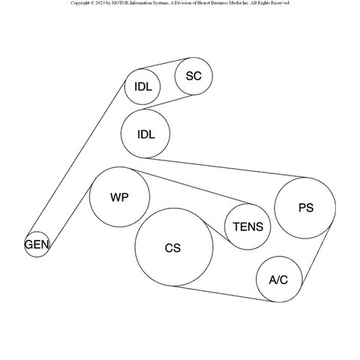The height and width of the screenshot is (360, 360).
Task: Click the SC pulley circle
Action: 193,58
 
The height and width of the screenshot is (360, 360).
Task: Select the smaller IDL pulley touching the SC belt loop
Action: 142,69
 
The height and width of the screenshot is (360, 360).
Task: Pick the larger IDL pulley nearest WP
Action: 145,109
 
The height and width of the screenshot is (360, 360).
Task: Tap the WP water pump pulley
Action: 119,167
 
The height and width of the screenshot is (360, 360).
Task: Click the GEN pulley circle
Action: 37,232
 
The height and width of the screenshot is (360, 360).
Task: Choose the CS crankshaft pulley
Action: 174,208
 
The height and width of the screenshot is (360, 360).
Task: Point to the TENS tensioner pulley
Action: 247,204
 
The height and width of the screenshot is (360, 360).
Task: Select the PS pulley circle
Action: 305,178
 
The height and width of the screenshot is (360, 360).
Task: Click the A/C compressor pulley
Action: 279,256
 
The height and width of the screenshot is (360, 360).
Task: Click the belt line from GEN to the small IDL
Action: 76,157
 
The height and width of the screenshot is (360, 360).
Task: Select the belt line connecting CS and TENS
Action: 216,231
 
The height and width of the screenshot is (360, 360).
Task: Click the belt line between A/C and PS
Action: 316,255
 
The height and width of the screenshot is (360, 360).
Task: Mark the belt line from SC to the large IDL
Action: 168,102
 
